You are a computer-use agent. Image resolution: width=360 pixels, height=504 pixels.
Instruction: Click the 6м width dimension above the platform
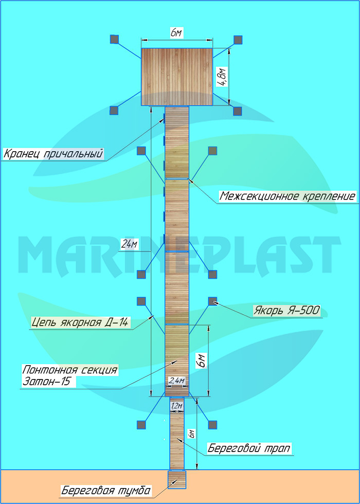tap(176, 33)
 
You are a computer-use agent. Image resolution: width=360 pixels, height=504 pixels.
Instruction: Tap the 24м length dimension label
tap(129, 244)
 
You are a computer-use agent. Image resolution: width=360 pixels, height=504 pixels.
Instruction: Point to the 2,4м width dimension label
tap(177, 381)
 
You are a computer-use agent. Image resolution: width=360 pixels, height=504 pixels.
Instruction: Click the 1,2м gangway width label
tap(177, 406)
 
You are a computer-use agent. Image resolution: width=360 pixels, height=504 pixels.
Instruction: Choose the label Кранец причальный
tap(53, 154)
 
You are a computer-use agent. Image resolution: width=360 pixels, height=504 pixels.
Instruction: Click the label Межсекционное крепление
tap(287, 196)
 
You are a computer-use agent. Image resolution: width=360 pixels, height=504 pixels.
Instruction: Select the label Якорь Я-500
tap(286, 311)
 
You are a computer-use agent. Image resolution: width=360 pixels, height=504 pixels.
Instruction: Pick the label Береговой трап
tap(249, 448)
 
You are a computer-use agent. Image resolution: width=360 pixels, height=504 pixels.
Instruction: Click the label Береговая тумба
tap(105, 491)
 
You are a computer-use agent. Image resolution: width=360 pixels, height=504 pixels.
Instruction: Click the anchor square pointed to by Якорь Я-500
tap(212, 300)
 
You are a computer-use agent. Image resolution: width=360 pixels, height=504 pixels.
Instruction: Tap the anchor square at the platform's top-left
tap(115, 39)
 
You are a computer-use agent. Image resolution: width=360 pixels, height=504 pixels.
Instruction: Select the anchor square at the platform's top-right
tap(238, 40)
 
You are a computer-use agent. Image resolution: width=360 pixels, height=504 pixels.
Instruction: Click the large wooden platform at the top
tap(177, 77)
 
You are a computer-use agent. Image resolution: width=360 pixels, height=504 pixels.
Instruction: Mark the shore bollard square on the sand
tap(176, 479)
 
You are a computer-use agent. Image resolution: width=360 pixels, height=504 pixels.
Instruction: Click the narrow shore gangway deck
tap(177, 437)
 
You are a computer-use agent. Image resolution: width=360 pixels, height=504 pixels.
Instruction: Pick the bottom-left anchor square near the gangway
tap(140, 424)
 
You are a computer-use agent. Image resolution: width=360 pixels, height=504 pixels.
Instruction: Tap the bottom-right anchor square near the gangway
tap(212, 424)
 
